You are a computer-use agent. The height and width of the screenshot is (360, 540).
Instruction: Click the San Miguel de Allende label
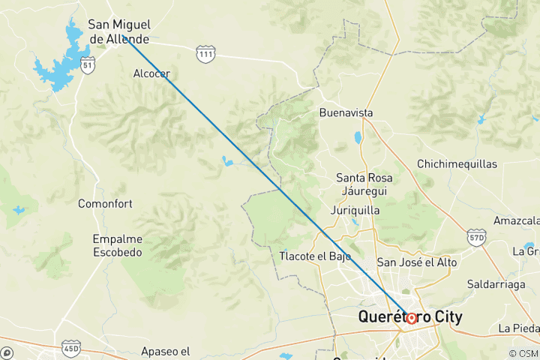point(119,31)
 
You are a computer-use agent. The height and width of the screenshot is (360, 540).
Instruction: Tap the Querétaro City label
point(410,317)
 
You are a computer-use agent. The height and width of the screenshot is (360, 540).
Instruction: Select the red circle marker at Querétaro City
point(411,318)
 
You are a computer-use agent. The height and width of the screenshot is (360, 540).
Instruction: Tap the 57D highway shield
point(475,237)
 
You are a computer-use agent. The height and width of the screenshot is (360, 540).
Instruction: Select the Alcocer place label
point(151,73)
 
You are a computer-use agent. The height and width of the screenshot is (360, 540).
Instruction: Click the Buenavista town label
point(346,112)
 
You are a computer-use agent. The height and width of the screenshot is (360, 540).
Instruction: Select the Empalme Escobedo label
point(117,246)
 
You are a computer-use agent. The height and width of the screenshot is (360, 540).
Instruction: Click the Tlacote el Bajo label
point(315,256)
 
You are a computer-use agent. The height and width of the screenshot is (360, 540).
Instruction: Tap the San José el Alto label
point(416,262)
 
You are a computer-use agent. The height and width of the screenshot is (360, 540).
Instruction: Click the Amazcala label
point(517,220)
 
